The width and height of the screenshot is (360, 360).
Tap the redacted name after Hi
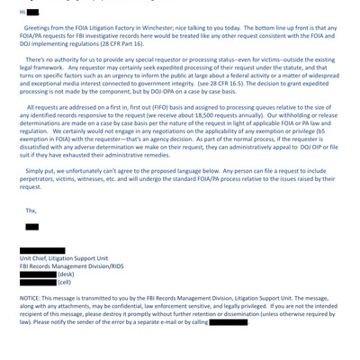33,13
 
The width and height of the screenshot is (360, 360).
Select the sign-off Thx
32,213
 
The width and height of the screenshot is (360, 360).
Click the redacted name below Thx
32,227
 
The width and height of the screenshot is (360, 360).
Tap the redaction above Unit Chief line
42,251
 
